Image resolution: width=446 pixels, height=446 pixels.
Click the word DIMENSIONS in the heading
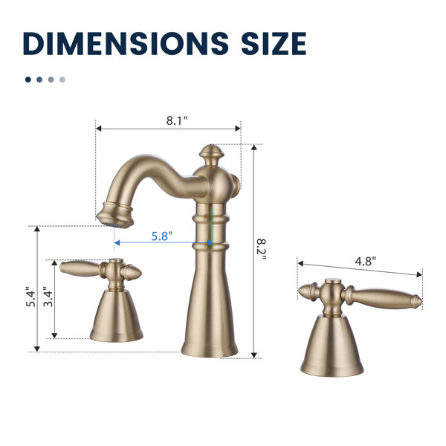(126, 43)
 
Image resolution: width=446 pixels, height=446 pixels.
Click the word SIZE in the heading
(274, 43)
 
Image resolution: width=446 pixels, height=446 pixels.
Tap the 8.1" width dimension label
(177, 120)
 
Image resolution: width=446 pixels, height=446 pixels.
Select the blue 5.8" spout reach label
(162, 236)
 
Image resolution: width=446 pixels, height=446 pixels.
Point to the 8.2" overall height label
(262, 250)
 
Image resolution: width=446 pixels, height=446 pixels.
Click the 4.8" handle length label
(366, 261)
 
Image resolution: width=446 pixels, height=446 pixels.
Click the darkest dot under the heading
(28, 80)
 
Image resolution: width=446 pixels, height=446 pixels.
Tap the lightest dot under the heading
(62, 80)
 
